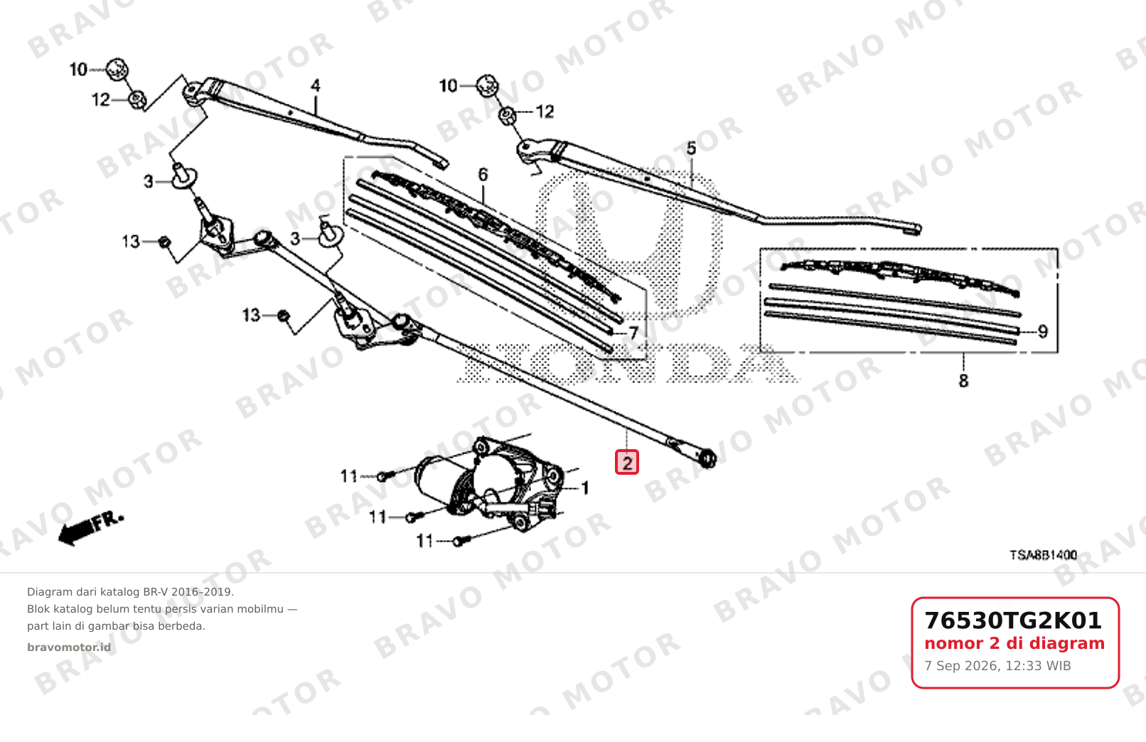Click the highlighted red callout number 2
point(627,462)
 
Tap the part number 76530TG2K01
point(1012,620)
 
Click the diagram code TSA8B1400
point(1043,555)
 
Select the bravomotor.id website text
point(69,647)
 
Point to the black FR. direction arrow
point(90,527)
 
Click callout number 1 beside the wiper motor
point(585,488)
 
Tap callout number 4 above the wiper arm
point(316,85)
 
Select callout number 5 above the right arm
point(691,149)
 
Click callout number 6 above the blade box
point(483,175)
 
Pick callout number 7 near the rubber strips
point(633,333)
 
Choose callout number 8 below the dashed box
point(963,381)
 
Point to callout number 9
point(1043,332)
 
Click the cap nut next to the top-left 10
point(117,68)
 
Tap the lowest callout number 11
point(424,541)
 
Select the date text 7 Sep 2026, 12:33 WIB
point(997,666)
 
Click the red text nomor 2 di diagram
point(1014,643)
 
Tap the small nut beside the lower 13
point(284,316)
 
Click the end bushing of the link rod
point(707,458)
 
